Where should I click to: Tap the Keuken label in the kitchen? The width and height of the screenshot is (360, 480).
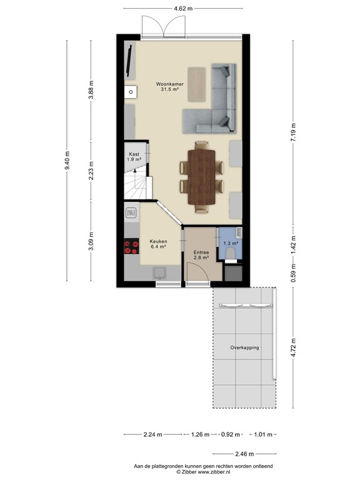pyautogui.click(x=157, y=243)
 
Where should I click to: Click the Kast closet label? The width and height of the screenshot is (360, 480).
pyautogui.click(x=134, y=157)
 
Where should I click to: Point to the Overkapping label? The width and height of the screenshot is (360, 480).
pyautogui.click(x=244, y=347)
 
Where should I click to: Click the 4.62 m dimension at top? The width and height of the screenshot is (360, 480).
pyautogui.click(x=183, y=8)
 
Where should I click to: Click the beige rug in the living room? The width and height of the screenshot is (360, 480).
pyautogui.click(x=199, y=84)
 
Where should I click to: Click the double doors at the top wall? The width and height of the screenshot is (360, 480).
pyautogui.click(x=163, y=26)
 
